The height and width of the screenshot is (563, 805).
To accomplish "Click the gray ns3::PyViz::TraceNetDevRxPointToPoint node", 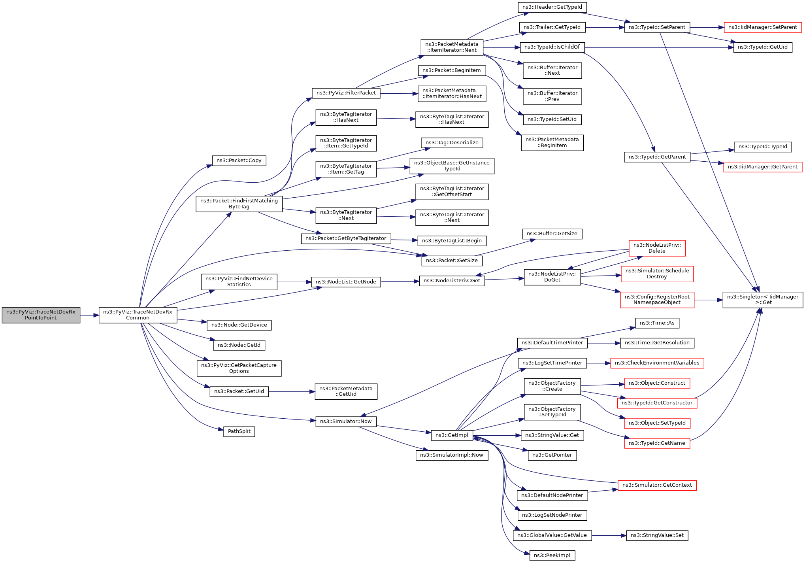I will (41, 315).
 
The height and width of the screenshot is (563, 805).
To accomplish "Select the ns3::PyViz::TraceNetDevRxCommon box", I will (138, 315).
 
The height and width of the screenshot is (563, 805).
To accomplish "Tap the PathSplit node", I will (239, 431).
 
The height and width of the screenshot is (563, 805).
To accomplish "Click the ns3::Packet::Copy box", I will (239, 161).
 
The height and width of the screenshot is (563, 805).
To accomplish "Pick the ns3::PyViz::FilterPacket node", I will (346, 93).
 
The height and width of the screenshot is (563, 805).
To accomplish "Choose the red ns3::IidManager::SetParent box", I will (762, 27).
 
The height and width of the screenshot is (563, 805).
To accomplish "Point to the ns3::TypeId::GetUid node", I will (762, 47).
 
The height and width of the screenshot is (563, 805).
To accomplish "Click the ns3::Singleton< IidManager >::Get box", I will (762, 300).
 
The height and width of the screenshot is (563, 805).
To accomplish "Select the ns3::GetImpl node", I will (452, 435).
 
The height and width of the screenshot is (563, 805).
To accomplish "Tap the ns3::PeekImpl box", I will (552, 555).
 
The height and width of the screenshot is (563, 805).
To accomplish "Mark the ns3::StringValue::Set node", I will (657, 535).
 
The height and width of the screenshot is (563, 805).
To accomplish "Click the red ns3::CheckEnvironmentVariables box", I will (657, 363).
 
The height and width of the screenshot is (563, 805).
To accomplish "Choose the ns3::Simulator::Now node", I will (346, 421).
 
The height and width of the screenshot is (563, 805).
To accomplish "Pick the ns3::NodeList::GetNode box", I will (346, 282).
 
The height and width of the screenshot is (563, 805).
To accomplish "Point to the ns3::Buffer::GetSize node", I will (552, 234).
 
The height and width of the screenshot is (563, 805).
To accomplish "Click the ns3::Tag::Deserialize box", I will (452, 143).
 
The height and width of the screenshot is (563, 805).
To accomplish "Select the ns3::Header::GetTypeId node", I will (552, 7).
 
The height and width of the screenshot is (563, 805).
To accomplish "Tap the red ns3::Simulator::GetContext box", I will (657, 485).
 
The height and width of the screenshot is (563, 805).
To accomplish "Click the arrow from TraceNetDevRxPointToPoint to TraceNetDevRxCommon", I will (89, 315).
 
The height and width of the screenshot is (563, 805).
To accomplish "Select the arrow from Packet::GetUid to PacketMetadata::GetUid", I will (291, 392).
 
